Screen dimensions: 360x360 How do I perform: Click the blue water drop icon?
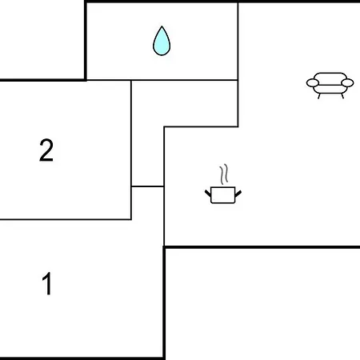pyautogui.click(x=162, y=42)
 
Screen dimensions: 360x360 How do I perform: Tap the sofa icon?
pyautogui.click(x=330, y=86)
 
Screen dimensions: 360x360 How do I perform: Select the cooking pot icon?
pyautogui.click(x=223, y=195)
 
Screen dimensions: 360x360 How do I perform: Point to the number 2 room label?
pyautogui.click(x=46, y=150)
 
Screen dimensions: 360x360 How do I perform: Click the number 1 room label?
pyautogui.click(x=47, y=283)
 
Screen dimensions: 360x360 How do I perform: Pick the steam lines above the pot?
pyautogui.click(x=224, y=174)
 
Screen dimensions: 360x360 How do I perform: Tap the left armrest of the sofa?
pyautogui.click(x=313, y=83)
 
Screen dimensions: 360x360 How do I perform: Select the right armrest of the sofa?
pyautogui.click(x=347, y=83)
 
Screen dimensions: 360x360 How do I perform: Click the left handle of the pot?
pyautogui.click(x=208, y=194)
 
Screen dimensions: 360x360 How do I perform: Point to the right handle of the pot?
pyautogui.click(x=238, y=194)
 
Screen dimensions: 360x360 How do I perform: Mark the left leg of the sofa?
pyautogui.click(x=319, y=96)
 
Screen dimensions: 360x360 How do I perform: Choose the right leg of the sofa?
pyautogui.click(x=342, y=96)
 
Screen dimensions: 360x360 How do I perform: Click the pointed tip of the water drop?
pyautogui.click(x=162, y=26)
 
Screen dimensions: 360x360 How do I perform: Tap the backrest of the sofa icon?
pyautogui.click(x=330, y=76)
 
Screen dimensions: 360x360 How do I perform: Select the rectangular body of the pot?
pyautogui.click(x=223, y=195)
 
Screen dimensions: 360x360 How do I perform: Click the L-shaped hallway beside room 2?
pyautogui.click(x=147, y=134)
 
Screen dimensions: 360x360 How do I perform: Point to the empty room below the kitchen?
pyautogui.click(x=262, y=304)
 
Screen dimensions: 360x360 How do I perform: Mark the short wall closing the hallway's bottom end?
pyautogui.click(x=147, y=186)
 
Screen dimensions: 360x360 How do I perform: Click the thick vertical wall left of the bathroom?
pyautogui.click(x=86, y=41)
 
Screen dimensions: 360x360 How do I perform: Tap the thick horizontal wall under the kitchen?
pyautogui.click(x=262, y=247)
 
